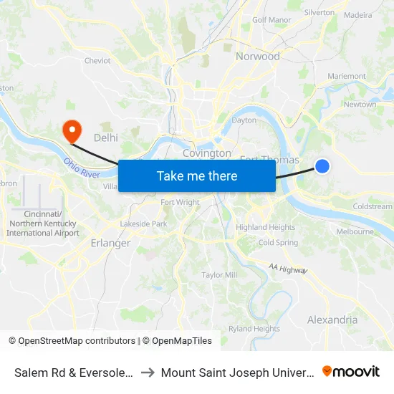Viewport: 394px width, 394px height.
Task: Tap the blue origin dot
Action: click(322, 166)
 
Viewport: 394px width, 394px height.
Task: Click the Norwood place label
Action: click(258, 57)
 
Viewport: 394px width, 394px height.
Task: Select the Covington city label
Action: click(207, 153)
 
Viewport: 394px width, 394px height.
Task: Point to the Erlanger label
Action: click(110, 243)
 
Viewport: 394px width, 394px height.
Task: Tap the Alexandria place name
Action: click(332, 319)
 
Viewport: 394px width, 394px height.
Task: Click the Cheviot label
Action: click(97, 61)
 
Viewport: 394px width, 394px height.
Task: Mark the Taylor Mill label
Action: click(219, 275)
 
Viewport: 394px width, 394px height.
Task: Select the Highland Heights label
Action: click(266, 228)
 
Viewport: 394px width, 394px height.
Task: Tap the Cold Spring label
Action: click(278, 243)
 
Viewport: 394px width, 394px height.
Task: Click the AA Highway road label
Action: click(289, 269)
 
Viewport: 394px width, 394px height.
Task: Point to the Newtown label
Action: click(360, 105)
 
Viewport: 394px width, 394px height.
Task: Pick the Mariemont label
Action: click(346, 77)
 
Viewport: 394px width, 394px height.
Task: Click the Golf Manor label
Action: click(269, 20)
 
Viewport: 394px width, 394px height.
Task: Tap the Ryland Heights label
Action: click(254, 329)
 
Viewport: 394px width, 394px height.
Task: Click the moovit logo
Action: click(351, 372)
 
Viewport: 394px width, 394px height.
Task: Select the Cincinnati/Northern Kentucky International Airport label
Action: click(42, 224)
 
